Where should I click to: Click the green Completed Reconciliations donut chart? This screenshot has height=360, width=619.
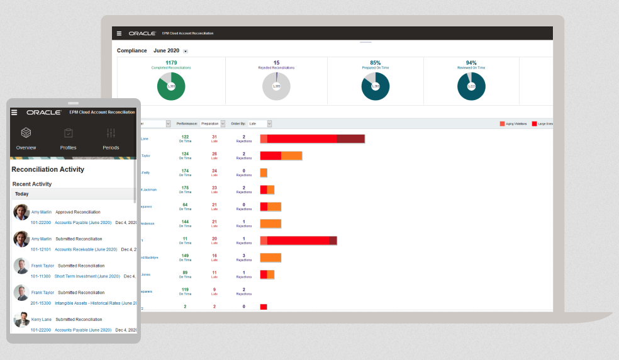[x=171, y=86]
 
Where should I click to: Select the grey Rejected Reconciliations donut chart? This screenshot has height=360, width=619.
[x=276, y=86]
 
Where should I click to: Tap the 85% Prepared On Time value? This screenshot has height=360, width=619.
[x=376, y=63]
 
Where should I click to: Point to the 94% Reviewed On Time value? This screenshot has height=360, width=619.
[x=471, y=63]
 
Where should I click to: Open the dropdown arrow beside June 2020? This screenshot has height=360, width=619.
[x=185, y=51]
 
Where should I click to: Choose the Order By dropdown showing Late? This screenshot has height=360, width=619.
[x=260, y=124]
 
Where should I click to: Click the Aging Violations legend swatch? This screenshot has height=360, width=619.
[x=503, y=124]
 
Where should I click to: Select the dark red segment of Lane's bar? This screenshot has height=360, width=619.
[x=350, y=138]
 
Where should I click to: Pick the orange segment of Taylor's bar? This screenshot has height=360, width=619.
[x=291, y=155]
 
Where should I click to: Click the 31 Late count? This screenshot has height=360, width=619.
[x=215, y=137]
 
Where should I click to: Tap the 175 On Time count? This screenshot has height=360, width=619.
[x=185, y=188]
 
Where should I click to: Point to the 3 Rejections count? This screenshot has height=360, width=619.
[x=243, y=256]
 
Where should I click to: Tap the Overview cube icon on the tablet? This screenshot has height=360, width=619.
[x=26, y=133]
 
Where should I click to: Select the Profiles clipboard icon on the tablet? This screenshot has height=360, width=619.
[x=69, y=133]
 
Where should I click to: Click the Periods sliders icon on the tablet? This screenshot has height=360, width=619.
[x=111, y=133]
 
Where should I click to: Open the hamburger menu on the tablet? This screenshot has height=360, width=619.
[x=14, y=112]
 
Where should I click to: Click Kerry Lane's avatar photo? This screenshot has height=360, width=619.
[x=21, y=320]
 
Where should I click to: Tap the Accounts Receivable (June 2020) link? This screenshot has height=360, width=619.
[x=86, y=249]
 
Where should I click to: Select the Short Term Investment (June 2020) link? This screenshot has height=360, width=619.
[x=87, y=276]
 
